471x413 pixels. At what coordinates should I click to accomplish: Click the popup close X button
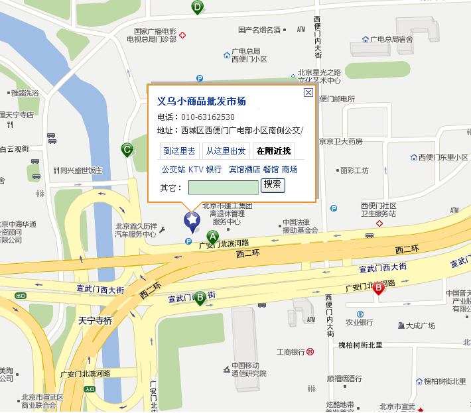click(x=308, y=93)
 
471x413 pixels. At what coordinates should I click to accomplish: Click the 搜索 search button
click(x=273, y=184)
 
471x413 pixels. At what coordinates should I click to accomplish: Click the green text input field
click(x=223, y=188)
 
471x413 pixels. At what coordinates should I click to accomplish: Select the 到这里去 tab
click(x=179, y=151)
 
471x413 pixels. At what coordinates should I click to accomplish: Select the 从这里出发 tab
click(x=225, y=151)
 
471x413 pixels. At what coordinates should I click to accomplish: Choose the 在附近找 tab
click(x=273, y=151)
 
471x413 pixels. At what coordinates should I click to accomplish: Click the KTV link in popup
click(x=196, y=170)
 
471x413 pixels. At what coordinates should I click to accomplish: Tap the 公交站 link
click(x=173, y=170)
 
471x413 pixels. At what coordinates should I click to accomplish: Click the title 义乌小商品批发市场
click(x=201, y=101)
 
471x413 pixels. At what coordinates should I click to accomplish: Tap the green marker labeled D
click(x=197, y=7)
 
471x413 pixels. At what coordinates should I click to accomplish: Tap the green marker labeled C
click(x=127, y=150)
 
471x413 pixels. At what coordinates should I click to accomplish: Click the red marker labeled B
click(x=378, y=288)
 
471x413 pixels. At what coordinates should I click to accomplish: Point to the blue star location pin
click(x=192, y=220)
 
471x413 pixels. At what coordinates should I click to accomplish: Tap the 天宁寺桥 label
click(x=95, y=320)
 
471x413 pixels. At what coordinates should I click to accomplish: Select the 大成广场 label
click(x=420, y=325)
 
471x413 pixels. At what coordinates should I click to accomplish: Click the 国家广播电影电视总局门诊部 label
click(x=155, y=35)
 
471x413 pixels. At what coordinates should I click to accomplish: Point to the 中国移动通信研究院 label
click(x=248, y=369)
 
